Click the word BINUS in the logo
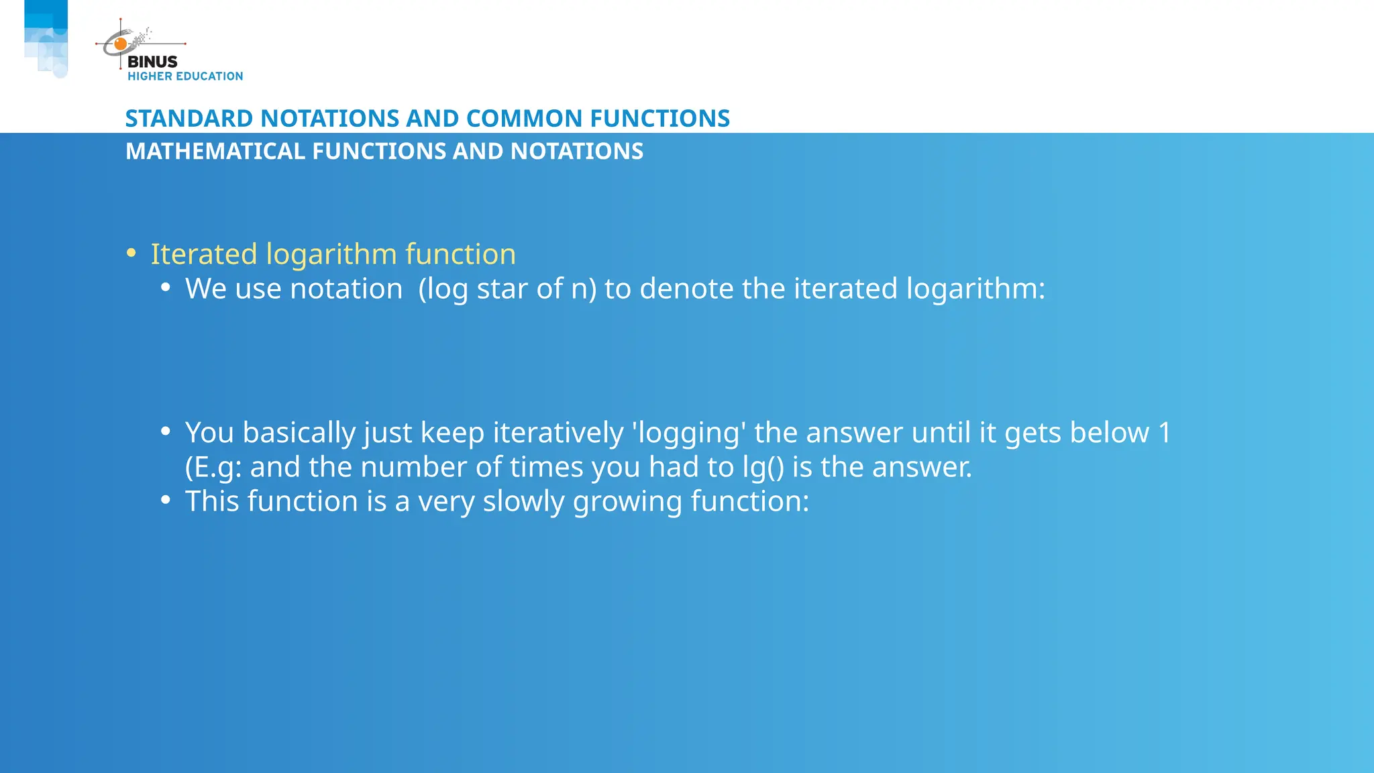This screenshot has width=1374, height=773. tap(152, 62)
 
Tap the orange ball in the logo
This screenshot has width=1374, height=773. tap(121, 44)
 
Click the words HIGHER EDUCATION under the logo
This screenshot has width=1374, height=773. tap(185, 76)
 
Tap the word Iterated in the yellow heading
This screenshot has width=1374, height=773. tap(204, 254)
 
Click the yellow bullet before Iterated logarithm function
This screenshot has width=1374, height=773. tap(131, 254)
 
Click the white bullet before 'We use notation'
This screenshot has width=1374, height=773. tap(166, 288)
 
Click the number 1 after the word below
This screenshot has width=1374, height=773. tap(1165, 433)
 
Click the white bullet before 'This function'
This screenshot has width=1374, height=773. tap(166, 500)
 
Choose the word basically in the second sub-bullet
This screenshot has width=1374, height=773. tap(299, 433)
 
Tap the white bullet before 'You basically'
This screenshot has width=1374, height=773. tap(166, 431)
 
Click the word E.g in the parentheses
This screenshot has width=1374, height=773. tap(217, 468)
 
